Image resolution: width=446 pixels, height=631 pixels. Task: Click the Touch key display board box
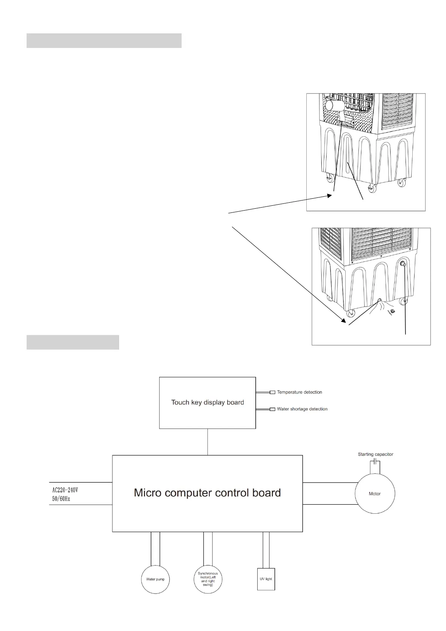pyautogui.click(x=207, y=402)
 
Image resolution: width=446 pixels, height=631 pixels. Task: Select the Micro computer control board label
pyautogui.click(x=207, y=492)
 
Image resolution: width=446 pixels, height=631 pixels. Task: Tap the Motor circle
pyautogui.click(x=374, y=493)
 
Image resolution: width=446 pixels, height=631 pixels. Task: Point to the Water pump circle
pyautogui.click(x=155, y=579)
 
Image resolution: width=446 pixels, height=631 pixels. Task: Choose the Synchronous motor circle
pyautogui.click(x=208, y=579)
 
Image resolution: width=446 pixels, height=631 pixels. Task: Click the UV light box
pyautogui.click(x=266, y=579)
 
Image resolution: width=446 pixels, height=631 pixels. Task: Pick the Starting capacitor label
pyautogui.click(x=375, y=454)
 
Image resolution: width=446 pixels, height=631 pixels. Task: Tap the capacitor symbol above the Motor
pyautogui.click(x=375, y=462)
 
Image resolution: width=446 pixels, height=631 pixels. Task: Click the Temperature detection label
pyautogui.click(x=299, y=392)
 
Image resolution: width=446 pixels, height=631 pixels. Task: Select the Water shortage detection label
pyautogui.click(x=302, y=409)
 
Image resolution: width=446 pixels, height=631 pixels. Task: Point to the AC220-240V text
pyautogui.click(x=65, y=490)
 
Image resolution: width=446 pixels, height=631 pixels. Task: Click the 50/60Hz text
pyautogui.click(x=61, y=499)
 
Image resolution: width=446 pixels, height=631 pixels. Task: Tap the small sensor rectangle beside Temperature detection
pyautogui.click(x=273, y=392)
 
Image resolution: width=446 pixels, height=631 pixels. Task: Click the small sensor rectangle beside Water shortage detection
pyautogui.click(x=273, y=409)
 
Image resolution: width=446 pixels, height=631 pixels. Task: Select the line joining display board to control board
pyautogui.click(x=207, y=442)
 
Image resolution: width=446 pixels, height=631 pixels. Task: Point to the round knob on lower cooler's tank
pyautogui.click(x=403, y=265)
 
